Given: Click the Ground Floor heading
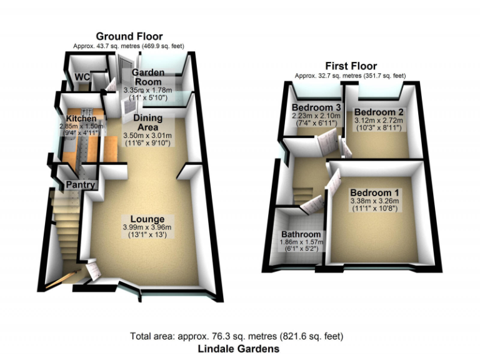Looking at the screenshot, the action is (129, 37).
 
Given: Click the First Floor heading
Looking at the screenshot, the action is (351, 66).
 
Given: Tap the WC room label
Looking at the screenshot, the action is (82, 77).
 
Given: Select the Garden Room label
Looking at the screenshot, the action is (148, 77).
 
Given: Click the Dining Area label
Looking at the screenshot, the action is (147, 122).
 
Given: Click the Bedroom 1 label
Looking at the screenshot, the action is (376, 192).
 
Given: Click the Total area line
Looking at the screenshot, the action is (236, 336).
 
